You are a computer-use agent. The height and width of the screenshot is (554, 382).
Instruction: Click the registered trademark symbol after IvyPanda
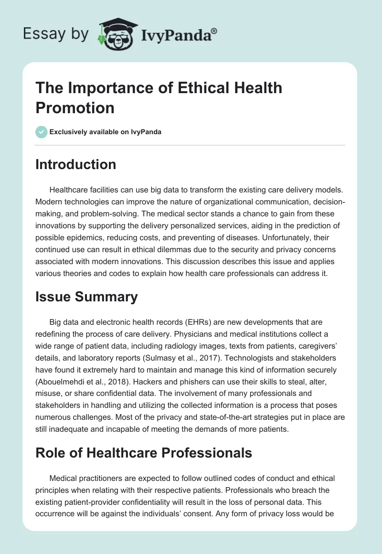point(214,32)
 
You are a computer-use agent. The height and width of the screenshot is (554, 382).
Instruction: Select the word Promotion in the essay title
point(75,107)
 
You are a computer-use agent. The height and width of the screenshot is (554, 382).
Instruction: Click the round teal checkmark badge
point(42,132)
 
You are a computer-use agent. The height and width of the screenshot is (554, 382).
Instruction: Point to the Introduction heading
point(76,164)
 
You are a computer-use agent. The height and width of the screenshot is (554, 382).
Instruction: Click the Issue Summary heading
point(86,297)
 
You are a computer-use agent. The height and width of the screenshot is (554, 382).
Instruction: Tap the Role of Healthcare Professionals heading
point(144,452)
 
